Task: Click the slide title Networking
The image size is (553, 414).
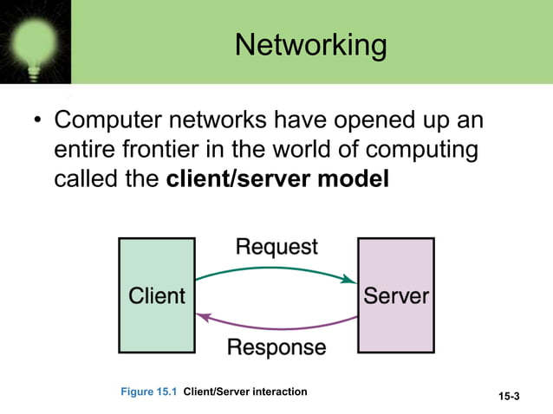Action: tap(310, 45)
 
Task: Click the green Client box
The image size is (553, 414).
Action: tap(157, 295)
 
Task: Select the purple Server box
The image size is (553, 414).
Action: tap(396, 295)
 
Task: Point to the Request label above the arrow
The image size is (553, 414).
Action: tap(277, 247)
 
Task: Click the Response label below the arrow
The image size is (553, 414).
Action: tap(276, 347)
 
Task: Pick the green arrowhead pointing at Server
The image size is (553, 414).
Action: tap(349, 279)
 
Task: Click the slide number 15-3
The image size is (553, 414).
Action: tap(510, 397)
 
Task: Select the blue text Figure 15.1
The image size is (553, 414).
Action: tap(149, 392)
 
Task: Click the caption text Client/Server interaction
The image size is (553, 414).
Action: tap(245, 392)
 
